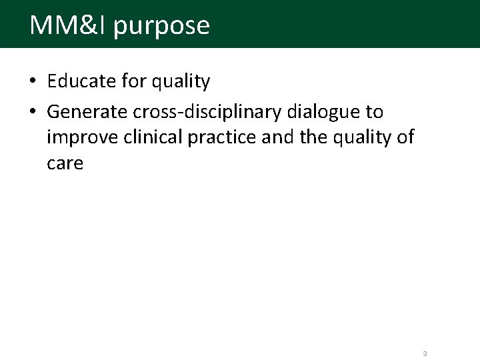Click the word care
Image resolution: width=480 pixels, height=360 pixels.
(x=65, y=163)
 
